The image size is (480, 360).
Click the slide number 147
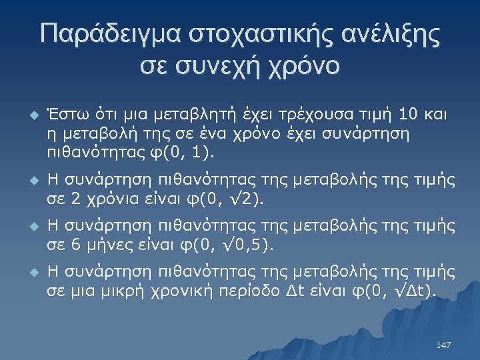click(x=443, y=345)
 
